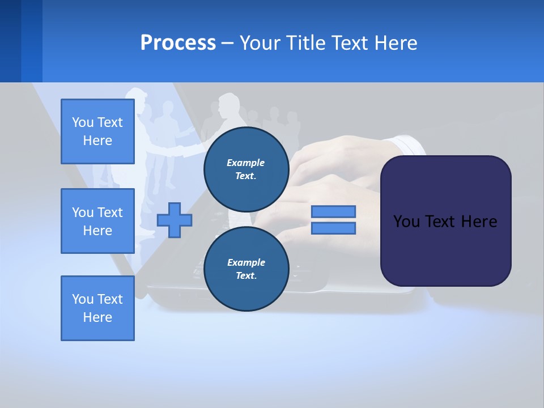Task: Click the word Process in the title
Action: coord(178,43)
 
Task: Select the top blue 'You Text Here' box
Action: coord(97,131)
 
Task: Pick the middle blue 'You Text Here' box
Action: coord(97,221)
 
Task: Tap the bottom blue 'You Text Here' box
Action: coord(97,308)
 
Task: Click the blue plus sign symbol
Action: coord(175,220)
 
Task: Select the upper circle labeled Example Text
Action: coord(246,169)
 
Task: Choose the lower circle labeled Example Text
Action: coord(246,269)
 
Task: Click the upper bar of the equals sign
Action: coord(333,211)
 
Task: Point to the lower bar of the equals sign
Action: coord(333,228)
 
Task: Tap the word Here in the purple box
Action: coord(479,222)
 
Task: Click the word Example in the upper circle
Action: coord(246,163)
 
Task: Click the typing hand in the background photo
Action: coord(334,170)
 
